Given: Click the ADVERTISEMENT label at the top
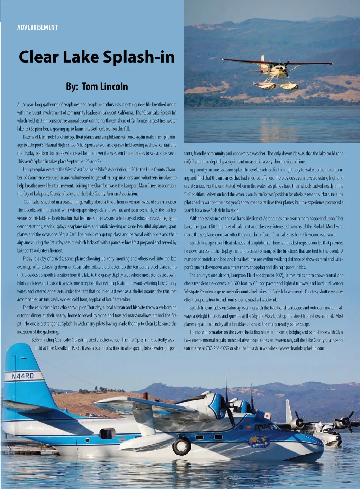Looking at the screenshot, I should click(37, 27).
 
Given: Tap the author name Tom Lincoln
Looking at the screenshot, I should click(105, 86).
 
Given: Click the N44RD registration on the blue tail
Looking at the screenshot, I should click(23, 376).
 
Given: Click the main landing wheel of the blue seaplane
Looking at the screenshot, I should click(181, 445).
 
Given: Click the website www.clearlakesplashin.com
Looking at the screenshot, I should click(302, 348).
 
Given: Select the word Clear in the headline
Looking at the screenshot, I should click(39, 57).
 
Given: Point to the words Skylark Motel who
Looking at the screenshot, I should click(329, 227).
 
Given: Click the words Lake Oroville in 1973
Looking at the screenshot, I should click(63, 348).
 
